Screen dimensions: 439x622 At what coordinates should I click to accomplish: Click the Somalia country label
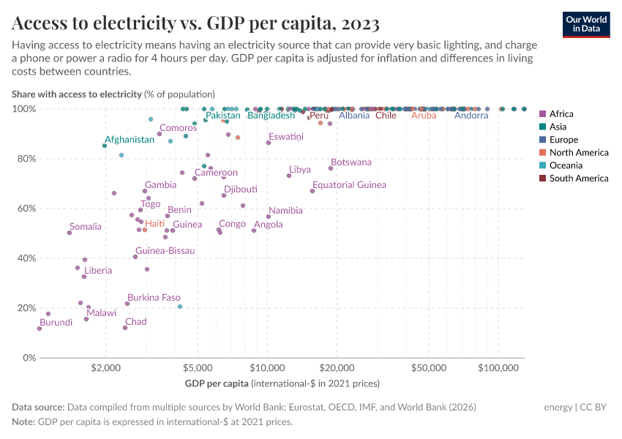pyautogui.click(x=86, y=227)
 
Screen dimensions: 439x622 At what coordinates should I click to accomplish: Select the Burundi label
pyautogui.click(x=56, y=323)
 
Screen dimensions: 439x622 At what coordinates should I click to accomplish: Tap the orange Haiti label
pyautogui.click(x=154, y=224)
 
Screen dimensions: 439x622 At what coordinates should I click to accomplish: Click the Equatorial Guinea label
pyautogui.click(x=349, y=185)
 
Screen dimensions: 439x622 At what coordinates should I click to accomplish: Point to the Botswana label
pyautogui.click(x=351, y=162)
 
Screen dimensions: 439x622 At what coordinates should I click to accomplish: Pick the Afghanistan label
pyautogui.click(x=130, y=139)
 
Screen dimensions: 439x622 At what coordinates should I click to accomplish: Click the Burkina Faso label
pyautogui.click(x=154, y=298)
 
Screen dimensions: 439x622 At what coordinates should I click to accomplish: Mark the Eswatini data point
pyautogui.click(x=269, y=143)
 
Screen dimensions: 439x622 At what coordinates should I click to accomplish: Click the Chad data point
pyautogui.click(x=125, y=328)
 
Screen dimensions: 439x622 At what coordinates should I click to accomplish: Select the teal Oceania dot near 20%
pyautogui.click(x=180, y=307)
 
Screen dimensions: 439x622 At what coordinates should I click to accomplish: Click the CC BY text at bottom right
pyautogui.click(x=598, y=408)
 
